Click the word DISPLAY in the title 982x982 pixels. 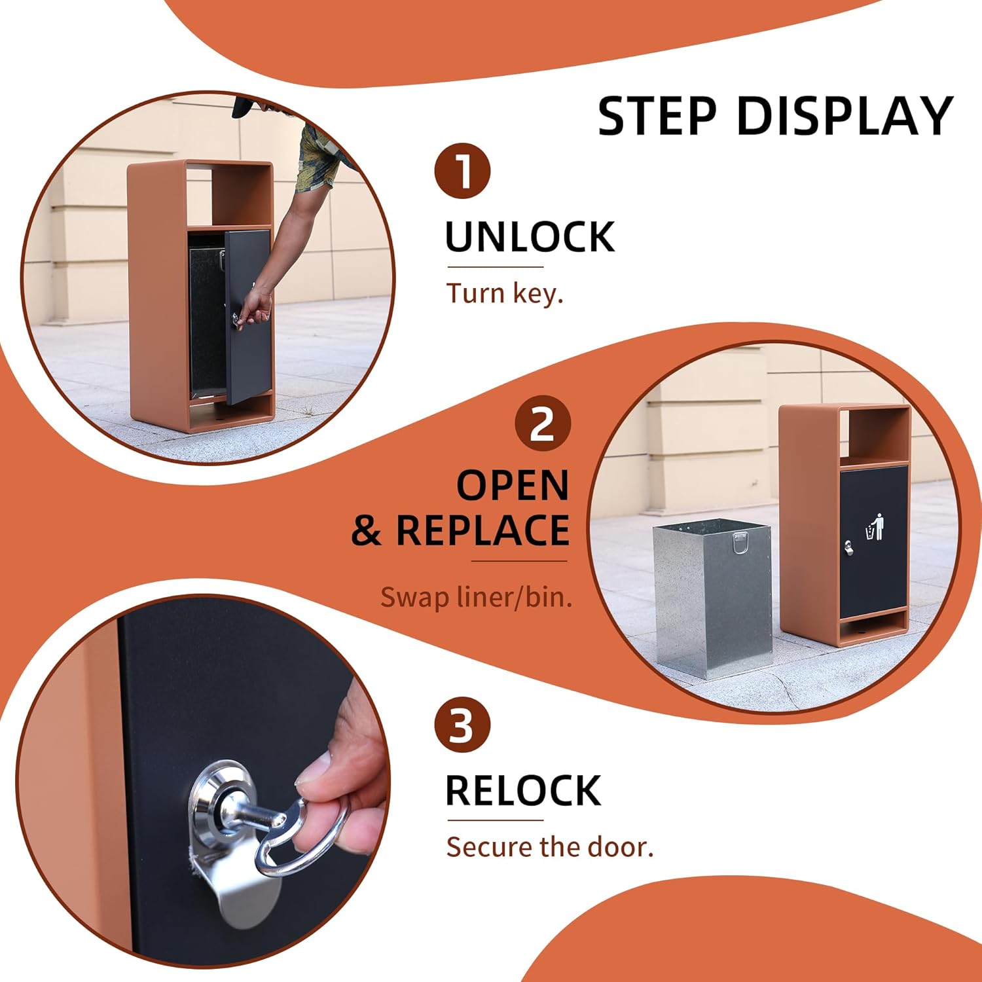click(x=845, y=116)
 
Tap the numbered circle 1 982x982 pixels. click(x=462, y=171)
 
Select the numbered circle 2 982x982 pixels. click(x=542, y=424)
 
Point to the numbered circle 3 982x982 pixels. click(x=462, y=725)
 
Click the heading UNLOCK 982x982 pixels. click(x=530, y=237)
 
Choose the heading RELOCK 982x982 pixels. click(x=523, y=791)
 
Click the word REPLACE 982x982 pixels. click(x=482, y=530)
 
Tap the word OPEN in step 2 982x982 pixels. click(x=513, y=485)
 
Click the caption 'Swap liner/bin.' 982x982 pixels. click(x=476, y=596)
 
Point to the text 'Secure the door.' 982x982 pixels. click(x=550, y=847)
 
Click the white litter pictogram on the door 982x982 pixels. click(x=876, y=528)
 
